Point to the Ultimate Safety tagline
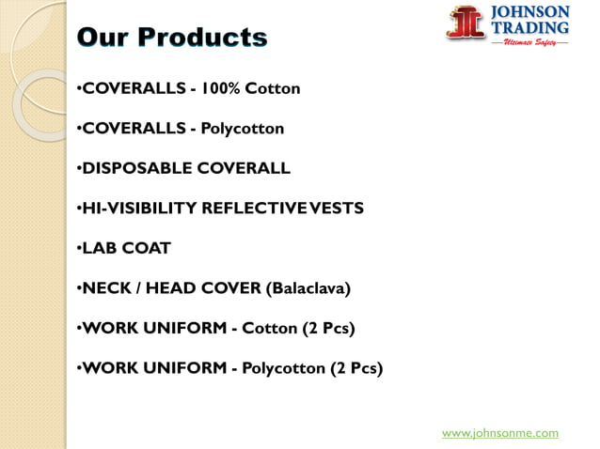point(529,42)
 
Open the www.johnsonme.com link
point(499,433)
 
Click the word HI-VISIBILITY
point(139,209)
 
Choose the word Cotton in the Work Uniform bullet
point(270,329)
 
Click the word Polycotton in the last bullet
point(283,368)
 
